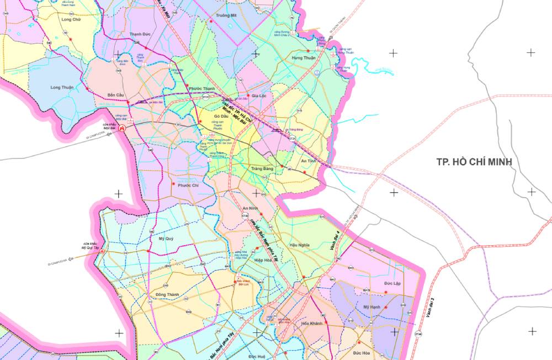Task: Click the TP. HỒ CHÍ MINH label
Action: [x=474, y=162]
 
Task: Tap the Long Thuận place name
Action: [x=62, y=87]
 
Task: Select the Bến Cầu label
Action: [x=116, y=94]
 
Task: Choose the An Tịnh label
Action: [x=307, y=161]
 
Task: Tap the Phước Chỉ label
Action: [x=188, y=186]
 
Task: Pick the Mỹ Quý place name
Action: [x=166, y=239]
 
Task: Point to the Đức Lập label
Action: [x=392, y=283]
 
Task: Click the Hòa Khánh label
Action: [x=311, y=324]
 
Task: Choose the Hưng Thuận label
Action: [x=304, y=57]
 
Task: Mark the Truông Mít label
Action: [x=226, y=15]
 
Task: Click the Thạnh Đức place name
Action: [x=140, y=34]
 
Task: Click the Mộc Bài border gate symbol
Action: [x=123, y=129]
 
